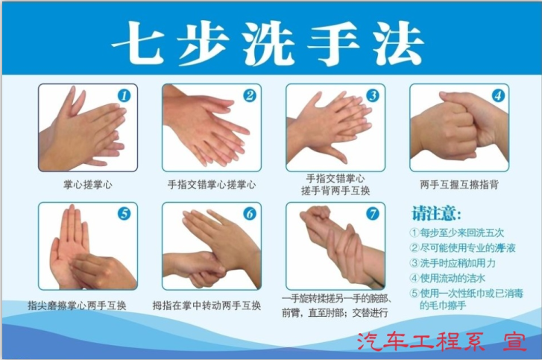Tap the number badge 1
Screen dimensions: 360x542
(x=124, y=95)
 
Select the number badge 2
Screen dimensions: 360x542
(x=249, y=95)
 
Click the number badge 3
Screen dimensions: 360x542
(x=372, y=95)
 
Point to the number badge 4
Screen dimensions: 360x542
(x=497, y=95)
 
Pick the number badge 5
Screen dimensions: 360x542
(x=124, y=214)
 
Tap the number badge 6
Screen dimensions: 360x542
(x=249, y=214)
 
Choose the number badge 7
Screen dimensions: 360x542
(x=372, y=214)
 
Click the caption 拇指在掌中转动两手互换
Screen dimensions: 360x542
(x=207, y=306)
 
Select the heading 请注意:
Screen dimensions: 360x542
(x=432, y=211)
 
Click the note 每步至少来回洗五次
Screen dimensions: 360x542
(x=467, y=233)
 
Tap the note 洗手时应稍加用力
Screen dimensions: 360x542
(x=463, y=263)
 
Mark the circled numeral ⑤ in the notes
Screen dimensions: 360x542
(x=415, y=294)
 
